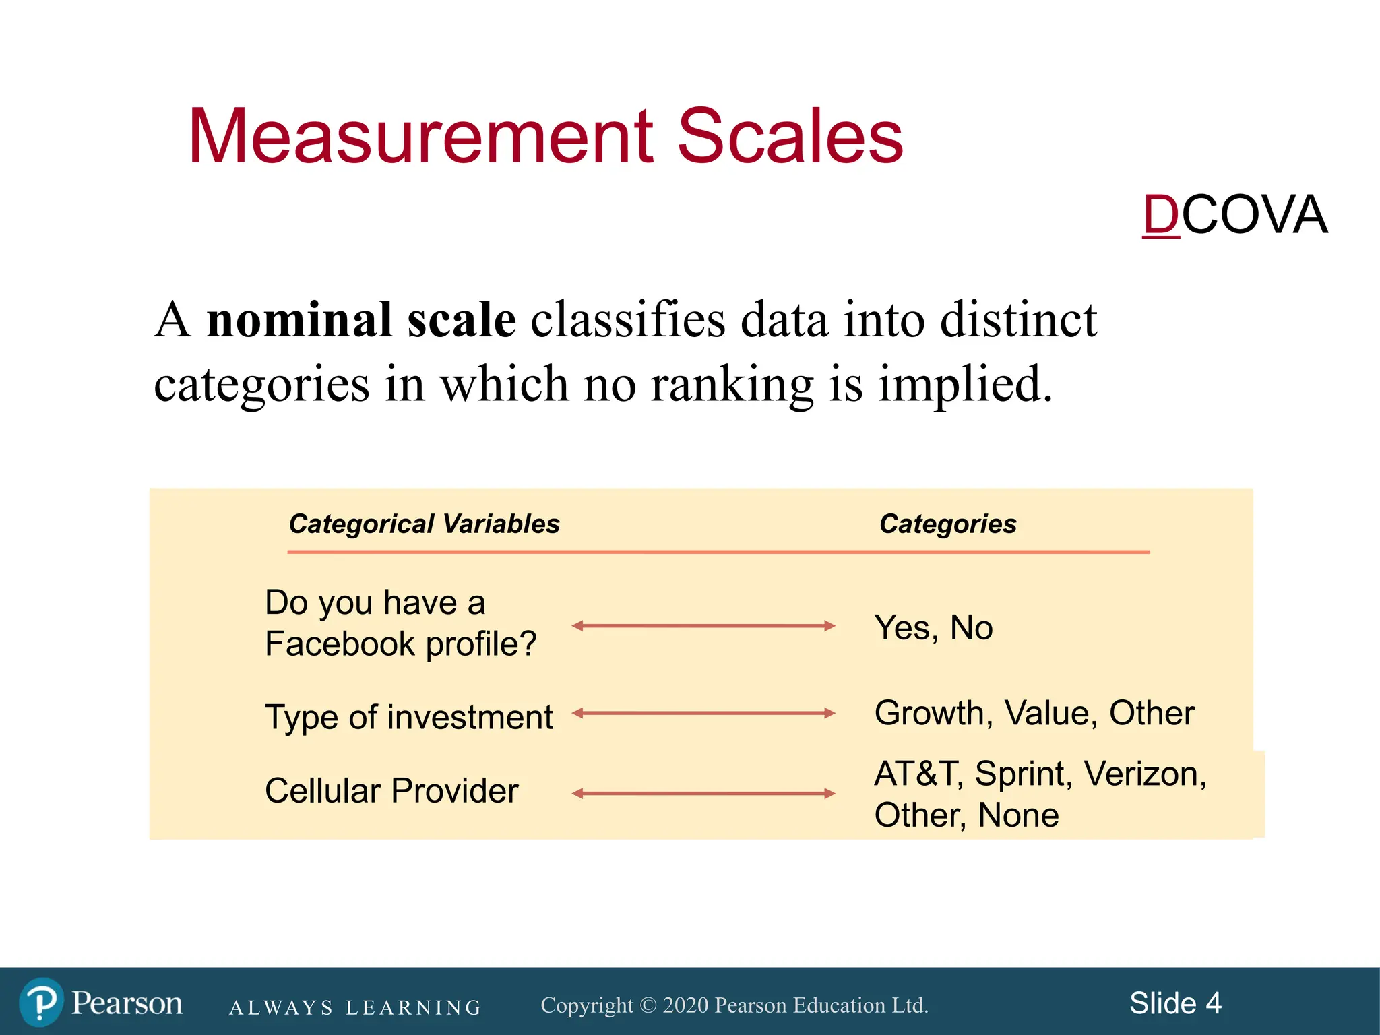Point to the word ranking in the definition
(732, 384)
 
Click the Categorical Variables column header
(424, 524)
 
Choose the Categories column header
(947, 524)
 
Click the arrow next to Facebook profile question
(703, 626)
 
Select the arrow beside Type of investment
(703, 713)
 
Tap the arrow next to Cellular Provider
(703, 794)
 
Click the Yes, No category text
(933, 628)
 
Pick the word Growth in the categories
(933, 713)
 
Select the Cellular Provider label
(391, 791)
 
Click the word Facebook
(340, 644)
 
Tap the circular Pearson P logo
(42, 1002)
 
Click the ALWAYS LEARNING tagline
(355, 1007)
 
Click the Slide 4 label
(1175, 1003)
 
